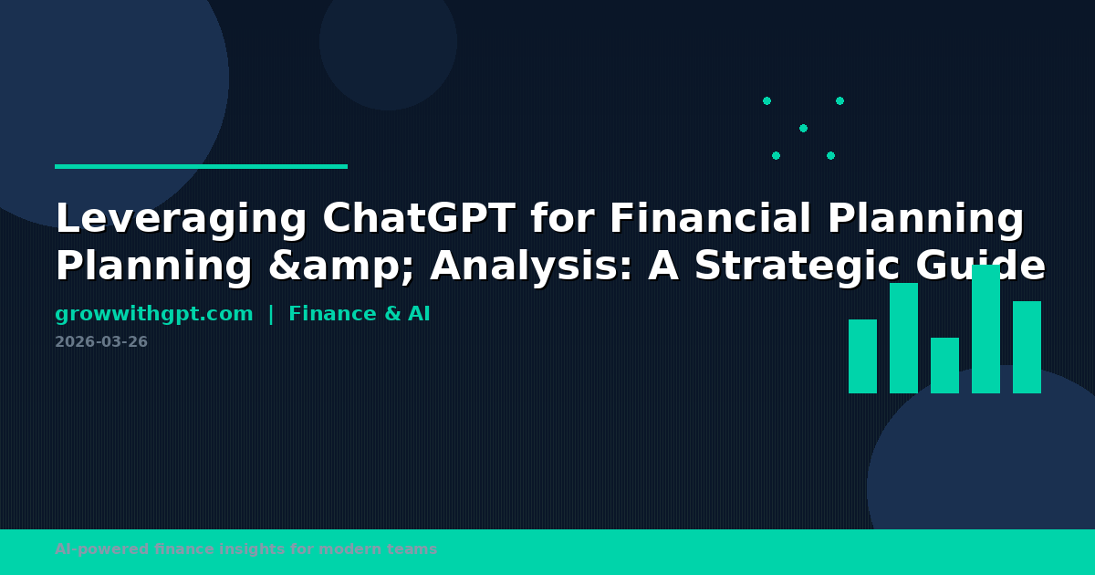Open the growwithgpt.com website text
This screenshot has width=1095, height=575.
pos(154,315)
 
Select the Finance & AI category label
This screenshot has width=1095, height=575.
pos(360,315)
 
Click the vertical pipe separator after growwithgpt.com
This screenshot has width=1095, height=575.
pos(271,315)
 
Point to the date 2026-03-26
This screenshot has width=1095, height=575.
pos(101,342)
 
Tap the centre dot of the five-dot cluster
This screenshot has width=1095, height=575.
pos(803,128)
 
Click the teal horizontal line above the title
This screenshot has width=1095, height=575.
pos(201,166)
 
